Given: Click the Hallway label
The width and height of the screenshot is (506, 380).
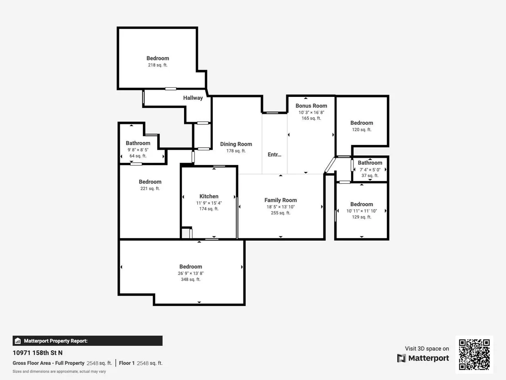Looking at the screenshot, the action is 193,98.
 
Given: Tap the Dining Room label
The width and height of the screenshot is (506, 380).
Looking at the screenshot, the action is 236,144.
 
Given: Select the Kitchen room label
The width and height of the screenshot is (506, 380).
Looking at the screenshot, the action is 209,196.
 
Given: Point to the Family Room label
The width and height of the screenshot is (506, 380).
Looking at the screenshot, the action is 280,200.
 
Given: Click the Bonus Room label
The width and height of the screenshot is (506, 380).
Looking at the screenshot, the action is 311,106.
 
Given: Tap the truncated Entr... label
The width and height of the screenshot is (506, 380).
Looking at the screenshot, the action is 274,155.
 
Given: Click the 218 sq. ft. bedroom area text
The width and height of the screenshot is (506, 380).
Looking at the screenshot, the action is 158,65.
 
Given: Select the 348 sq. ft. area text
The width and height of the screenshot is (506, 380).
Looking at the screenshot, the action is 191,279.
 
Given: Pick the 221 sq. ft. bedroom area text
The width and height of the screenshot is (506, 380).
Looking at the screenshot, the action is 150,188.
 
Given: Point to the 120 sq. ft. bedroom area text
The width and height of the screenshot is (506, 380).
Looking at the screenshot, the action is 362,129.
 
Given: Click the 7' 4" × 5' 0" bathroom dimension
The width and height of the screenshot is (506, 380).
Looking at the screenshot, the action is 370,170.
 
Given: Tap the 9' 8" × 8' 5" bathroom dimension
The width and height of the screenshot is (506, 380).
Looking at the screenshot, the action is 138,150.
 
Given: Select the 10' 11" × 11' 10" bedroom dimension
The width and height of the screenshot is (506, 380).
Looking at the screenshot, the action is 362,211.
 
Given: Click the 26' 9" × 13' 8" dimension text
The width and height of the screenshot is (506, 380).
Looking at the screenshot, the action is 191,273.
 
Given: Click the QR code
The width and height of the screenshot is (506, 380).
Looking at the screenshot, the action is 474,354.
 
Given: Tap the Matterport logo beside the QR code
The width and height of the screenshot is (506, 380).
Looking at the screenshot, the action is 423,359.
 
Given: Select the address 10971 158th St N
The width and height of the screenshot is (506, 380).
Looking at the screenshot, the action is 37,353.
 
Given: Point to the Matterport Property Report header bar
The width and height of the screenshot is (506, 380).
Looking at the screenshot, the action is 87,341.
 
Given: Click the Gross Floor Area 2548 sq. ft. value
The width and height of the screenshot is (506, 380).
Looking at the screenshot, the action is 99,363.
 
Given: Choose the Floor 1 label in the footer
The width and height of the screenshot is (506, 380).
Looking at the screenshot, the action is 127,363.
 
